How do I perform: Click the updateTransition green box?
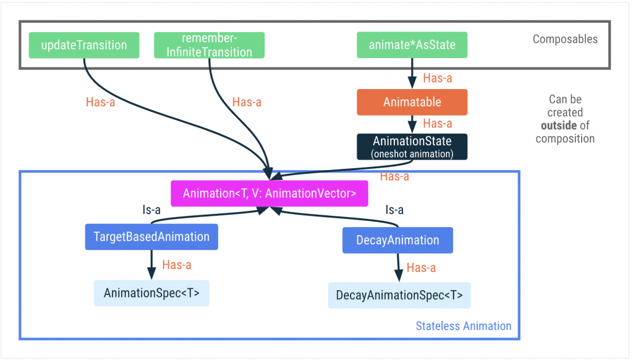(83, 45)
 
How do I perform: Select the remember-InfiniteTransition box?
(209, 45)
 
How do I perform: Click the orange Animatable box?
(412, 102)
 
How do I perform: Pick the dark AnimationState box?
(412, 147)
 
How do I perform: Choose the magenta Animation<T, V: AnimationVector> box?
(269, 193)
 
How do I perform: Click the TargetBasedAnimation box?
(151, 237)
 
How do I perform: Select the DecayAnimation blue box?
(397, 240)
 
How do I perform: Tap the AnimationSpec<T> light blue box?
(151, 293)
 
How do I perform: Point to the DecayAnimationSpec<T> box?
(399, 295)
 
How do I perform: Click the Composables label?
(565, 40)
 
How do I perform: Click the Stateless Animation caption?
(464, 326)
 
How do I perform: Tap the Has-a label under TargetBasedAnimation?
(176, 265)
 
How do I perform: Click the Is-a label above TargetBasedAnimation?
(151, 210)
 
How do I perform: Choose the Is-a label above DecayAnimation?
(395, 210)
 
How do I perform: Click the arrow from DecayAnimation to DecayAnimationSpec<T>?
(399, 268)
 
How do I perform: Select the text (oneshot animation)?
(412, 153)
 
